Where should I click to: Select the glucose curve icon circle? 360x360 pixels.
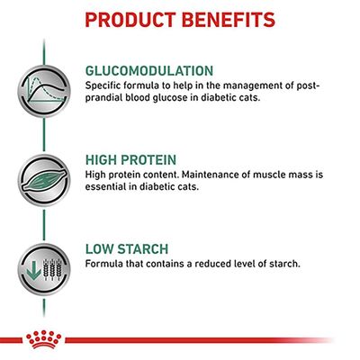(41, 86)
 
